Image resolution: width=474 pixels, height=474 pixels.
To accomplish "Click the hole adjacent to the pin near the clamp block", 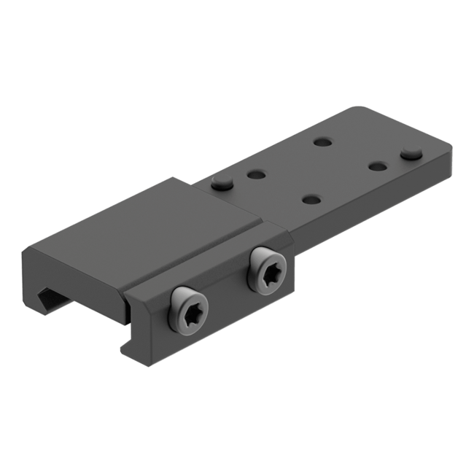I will click(x=255, y=175).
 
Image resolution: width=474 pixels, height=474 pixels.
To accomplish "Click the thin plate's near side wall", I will click(x=379, y=211).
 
